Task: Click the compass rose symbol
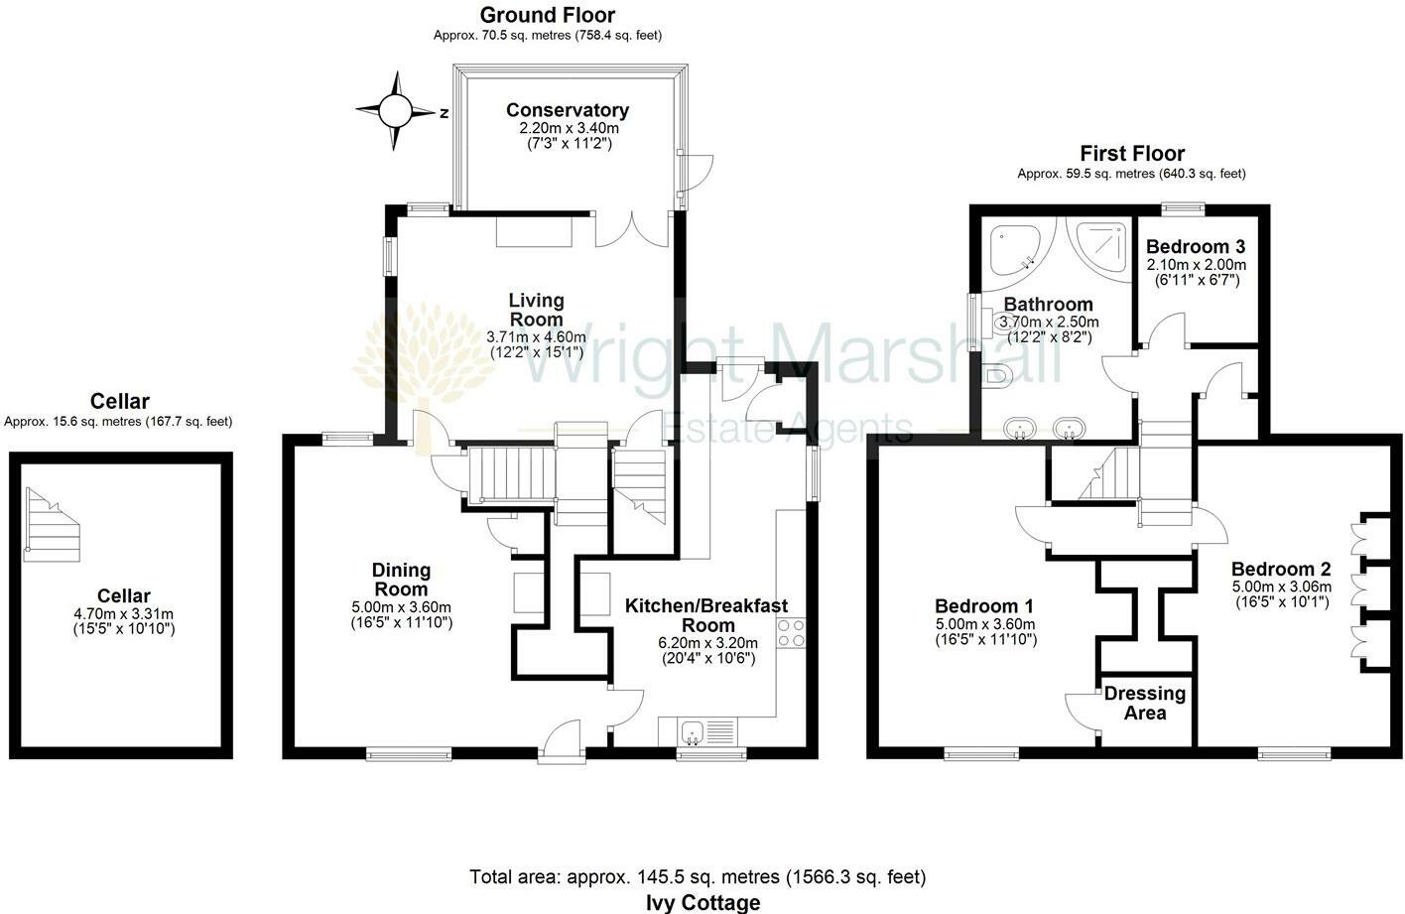click(394, 110)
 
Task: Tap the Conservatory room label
click(567, 110)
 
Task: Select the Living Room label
click(536, 309)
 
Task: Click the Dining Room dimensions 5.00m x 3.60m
click(401, 607)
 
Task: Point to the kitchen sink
click(693, 733)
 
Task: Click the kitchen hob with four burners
click(791, 632)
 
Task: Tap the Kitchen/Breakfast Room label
click(706, 615)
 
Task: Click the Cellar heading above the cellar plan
click(119, 401)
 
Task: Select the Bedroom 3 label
click(1195, 246)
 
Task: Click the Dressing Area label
click(1144, 703)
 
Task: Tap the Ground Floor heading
click(547, 15)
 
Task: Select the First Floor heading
click(1131, 153)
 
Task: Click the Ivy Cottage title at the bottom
click(702, 902)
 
